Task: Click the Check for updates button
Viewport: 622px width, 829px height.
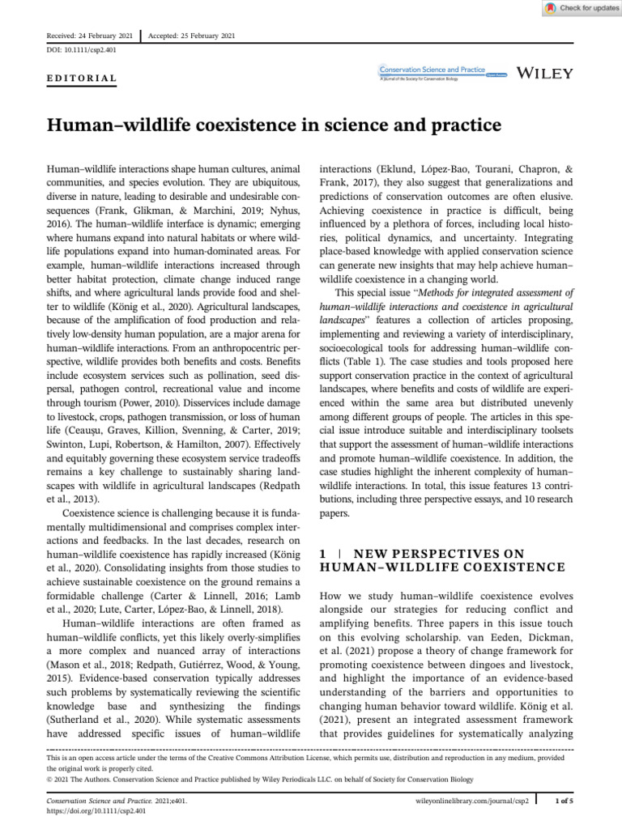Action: click(x=580, y=7)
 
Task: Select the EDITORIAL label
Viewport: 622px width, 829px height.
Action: click(x=78, y=79)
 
